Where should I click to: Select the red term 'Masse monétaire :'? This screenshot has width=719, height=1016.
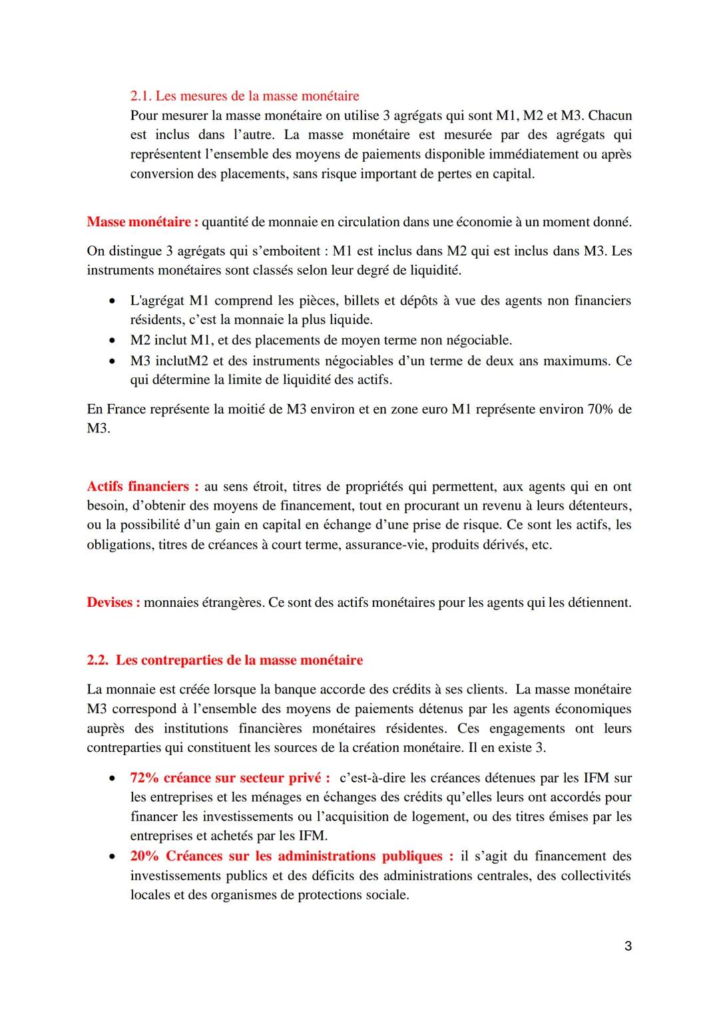[142, 222]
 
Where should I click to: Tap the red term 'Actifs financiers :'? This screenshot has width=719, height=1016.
[142, 486]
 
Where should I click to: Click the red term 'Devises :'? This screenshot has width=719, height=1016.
[113, 603]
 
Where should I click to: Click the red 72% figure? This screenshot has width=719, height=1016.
[144, 778]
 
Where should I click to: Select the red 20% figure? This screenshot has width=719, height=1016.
[144, 856]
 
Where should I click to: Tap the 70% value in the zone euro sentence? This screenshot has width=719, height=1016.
[600, 409]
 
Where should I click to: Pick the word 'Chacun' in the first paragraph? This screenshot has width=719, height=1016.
[610, 116]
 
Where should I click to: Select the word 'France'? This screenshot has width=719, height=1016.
[124, 409]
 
